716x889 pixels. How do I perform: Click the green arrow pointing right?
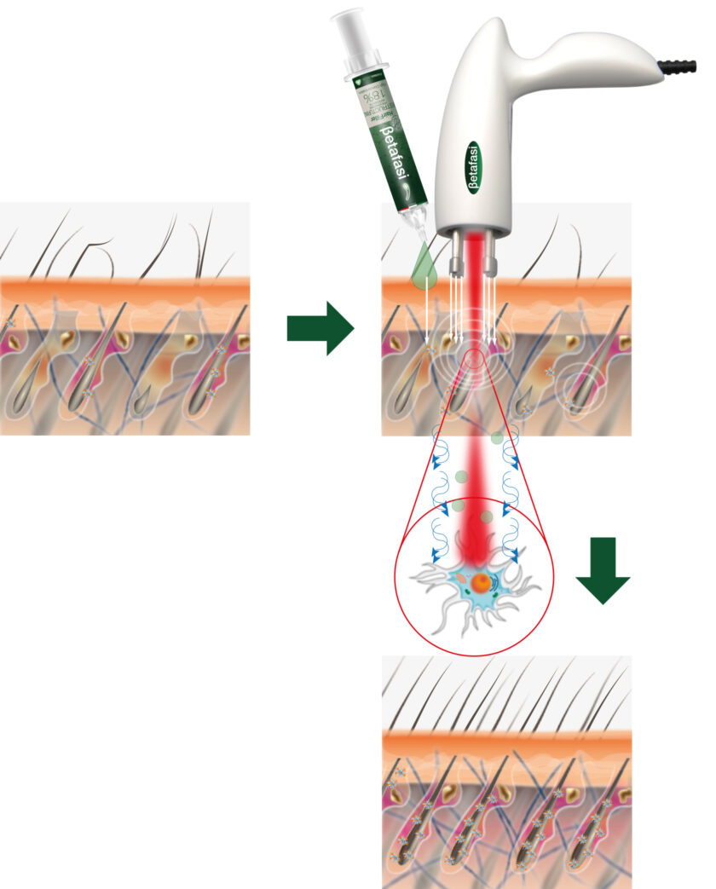tap(320, 327)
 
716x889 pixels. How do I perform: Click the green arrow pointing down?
tap(603, 569)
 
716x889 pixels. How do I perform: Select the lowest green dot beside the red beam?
tap(486, 517)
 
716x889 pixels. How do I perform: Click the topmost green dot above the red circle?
tap(497, 438)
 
